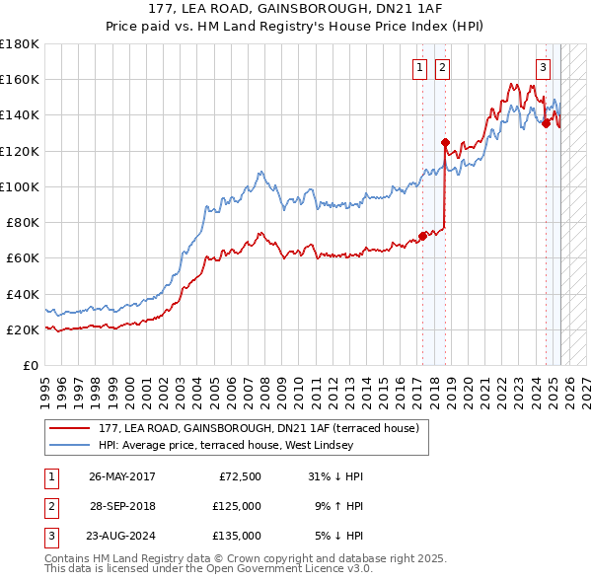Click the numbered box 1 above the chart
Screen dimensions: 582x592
click(x=419, y=67)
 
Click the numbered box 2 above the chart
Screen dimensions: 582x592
click(x=441, y=67)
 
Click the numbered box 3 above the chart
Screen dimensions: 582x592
click(x=543, y=67)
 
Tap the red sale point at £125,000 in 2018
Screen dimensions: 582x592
click(x=445, y=141)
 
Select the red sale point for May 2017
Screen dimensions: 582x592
click(x=422, y=236)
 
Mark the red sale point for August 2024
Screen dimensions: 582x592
click(x=546, y=123)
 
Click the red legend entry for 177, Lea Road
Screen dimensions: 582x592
click(x=259, y=428)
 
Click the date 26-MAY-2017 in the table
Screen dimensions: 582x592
click(x=122, y=476)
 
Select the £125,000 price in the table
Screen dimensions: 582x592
click(x=237, y=506)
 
